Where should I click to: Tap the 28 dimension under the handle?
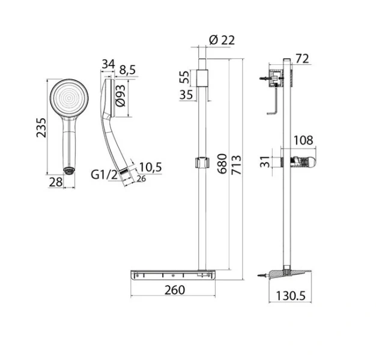[x=56, y=182]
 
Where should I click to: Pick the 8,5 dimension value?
[x=127, y=70]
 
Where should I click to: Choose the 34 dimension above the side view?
[x=108, y=64]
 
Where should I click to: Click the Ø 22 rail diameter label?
[x=222, y=40]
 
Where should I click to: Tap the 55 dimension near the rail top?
[x=186, y=76]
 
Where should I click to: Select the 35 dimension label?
[x=186, y=94]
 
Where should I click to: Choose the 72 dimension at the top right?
[x=302, y=58]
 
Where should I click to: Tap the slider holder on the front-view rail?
[x=201, y=162]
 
